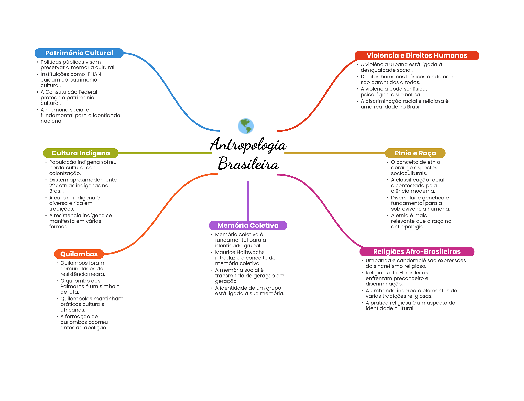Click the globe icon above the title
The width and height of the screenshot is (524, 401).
coord(246,126)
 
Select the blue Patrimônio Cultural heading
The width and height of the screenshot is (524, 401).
coord(79,53)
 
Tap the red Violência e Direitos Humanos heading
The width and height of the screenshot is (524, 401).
coord(417,55)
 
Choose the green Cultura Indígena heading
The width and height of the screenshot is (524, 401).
coord(81,153)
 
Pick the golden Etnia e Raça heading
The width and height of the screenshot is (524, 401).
coord(415,153)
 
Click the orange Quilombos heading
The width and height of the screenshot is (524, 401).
coord(79,254)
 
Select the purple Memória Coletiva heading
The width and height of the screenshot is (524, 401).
coord(248,225)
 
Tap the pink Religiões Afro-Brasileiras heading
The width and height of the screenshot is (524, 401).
coord(417,251)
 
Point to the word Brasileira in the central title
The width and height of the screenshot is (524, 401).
coord(248,164)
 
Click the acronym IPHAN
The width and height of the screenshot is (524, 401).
coord(93,74)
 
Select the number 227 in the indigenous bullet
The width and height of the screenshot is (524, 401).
coord(53,185)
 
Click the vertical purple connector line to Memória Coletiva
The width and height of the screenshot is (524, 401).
coord(248,201)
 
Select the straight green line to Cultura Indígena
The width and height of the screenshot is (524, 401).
coord(165,153)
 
